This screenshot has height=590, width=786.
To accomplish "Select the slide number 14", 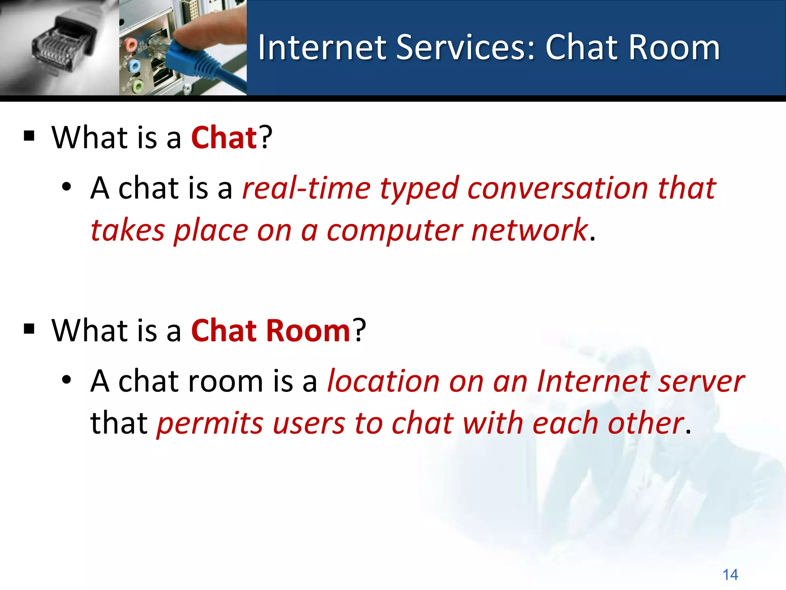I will pos(730,575).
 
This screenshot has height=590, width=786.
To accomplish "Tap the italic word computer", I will pos(395,231).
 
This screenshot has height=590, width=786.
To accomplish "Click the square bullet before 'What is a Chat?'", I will pos(29,136).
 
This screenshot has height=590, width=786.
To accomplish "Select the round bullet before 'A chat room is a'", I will pos(66,380).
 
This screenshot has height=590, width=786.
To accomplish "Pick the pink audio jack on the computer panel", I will pos(130,45).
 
